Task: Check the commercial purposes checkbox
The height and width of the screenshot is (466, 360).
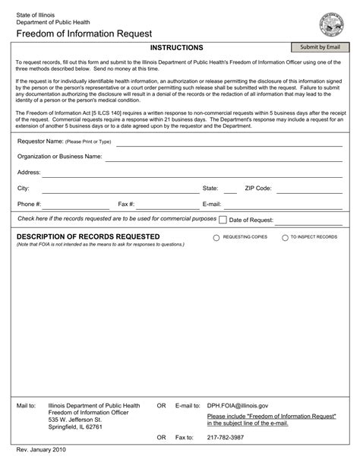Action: tap(223, 220)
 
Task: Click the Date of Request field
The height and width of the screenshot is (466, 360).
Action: tap(311, 220)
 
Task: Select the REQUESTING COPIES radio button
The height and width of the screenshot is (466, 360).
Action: tap(216, 238)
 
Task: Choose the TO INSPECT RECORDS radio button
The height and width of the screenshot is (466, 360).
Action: tap(285, 238)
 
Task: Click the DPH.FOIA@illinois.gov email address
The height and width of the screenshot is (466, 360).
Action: tap(238, 407)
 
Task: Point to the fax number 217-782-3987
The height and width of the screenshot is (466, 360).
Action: tap(227, 439)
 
